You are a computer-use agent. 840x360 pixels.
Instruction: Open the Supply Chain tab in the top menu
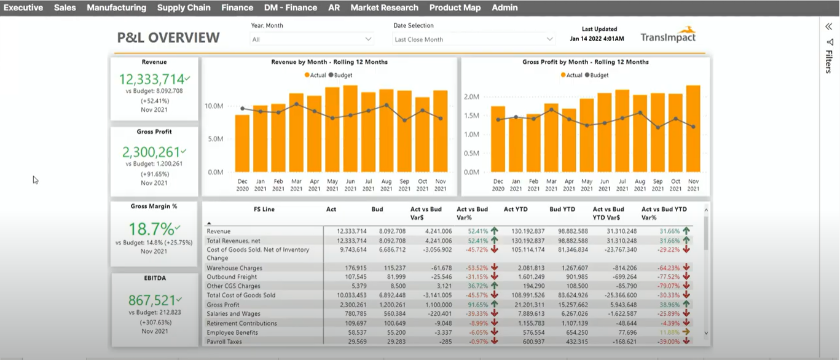[183, 8]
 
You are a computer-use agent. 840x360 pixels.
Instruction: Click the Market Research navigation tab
[384, 8]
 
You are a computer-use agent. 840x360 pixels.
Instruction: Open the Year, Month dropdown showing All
[312, 39]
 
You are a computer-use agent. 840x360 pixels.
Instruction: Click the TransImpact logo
[668, 36]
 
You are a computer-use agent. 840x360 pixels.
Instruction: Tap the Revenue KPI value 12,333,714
[152, 79]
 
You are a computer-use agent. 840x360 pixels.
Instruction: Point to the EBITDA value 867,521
[152, 300]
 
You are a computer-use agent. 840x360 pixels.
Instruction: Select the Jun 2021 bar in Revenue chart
[350, 129]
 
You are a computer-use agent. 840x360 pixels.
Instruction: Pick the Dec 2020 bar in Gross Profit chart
[498, 139]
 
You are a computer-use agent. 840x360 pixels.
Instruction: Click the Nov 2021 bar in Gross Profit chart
[693, 129]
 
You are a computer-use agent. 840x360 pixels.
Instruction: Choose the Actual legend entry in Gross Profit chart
[571, 75]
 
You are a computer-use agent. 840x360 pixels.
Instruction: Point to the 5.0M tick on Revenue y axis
[215, 139]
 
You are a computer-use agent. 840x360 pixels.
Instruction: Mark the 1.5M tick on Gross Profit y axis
[471, 115]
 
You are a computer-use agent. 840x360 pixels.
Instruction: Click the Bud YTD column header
[562, 209]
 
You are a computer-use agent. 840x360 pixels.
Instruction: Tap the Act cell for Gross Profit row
[353, 305]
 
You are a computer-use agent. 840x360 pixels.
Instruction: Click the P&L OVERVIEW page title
[168, 37]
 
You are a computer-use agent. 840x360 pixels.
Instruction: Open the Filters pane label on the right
[828, 61]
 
